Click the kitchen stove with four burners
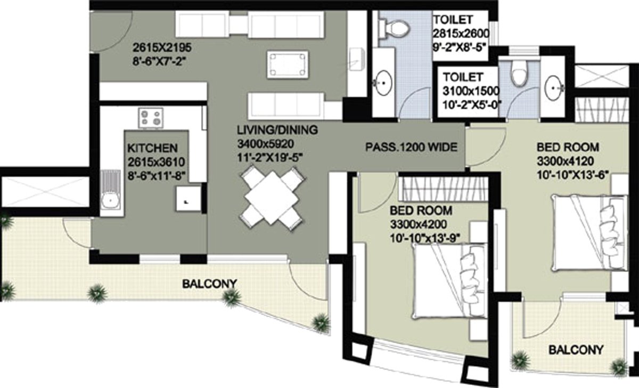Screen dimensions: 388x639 pos(151,117)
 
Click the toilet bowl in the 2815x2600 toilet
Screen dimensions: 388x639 pos(395,25)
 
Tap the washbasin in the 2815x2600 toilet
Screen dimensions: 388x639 pos(383,83)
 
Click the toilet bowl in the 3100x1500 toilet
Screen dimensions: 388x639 pos(517,74)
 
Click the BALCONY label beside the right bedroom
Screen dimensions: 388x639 pos(576,350)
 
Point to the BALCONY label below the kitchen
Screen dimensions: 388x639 pos(209,284)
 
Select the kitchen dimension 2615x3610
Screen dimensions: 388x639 pos(151,161)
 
